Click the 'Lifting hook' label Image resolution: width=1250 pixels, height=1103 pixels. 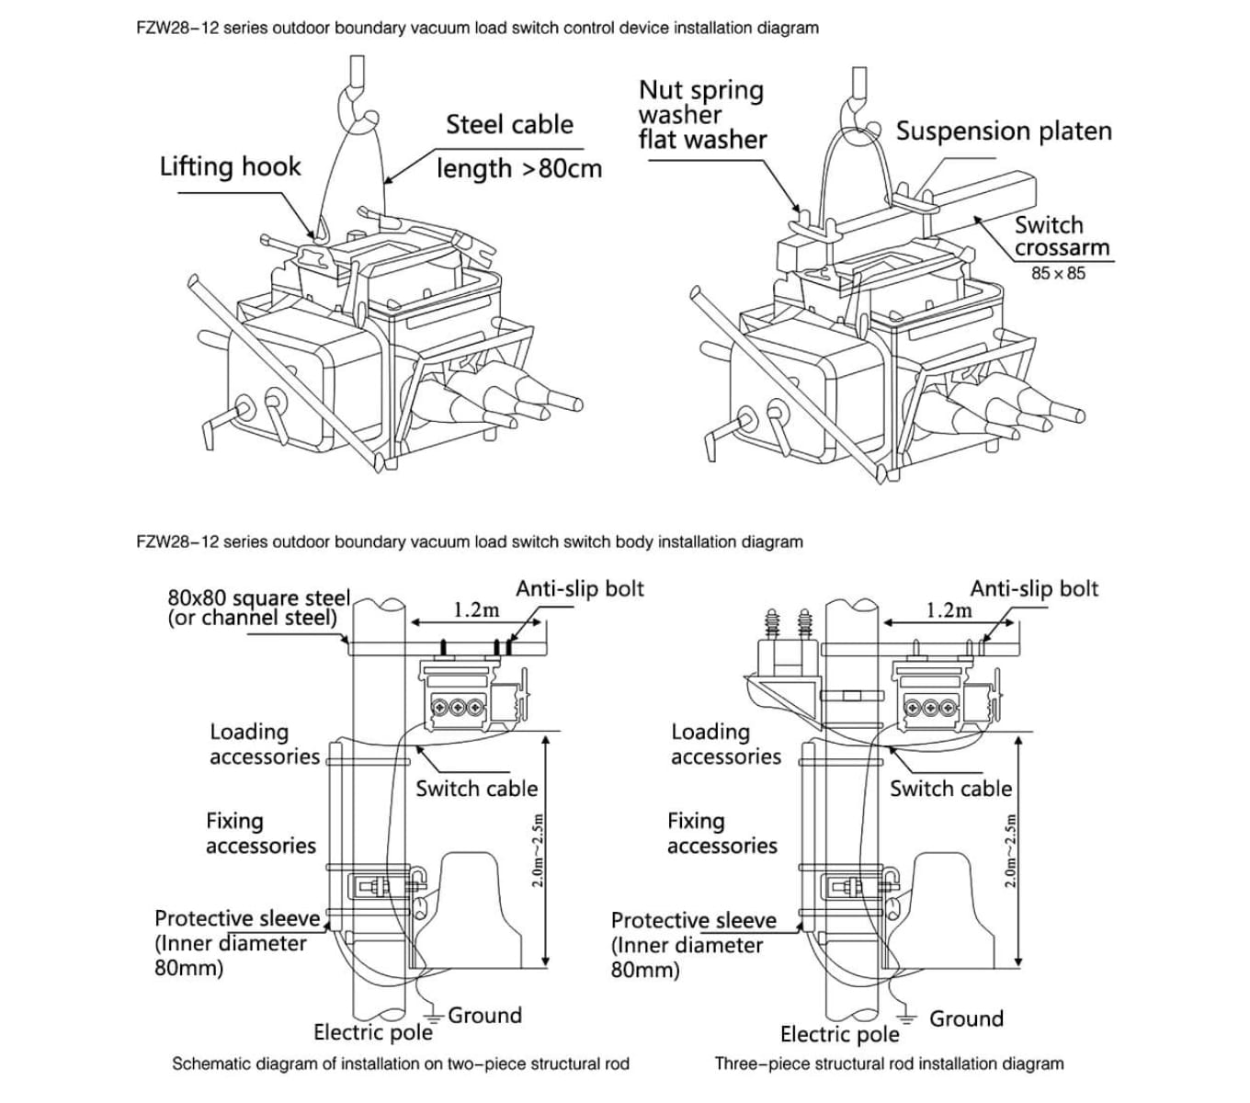pyautogui.click(x=230, y=166)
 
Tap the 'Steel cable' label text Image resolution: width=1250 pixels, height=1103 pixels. pyautogui.click(x=509, y=125)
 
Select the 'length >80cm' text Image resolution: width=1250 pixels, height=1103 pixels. pyautogui.click(x=519, y=169)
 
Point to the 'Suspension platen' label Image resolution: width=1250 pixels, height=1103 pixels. pyautogui.click(x=1004, y=131)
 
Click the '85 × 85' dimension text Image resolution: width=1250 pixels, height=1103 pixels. pyautogui.click(x=1058, y=273)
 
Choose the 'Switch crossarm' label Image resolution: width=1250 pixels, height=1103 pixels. pyautogui.click(x=1062, y=236)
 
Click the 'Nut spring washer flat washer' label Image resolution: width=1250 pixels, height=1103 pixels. pyautogui.click(x=702, y=115)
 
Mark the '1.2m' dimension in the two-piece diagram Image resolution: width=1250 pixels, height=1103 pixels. pyautogui.click(x=476, y=610)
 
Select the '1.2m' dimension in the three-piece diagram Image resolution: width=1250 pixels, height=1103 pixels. pyautogui.click(x=949, y=610)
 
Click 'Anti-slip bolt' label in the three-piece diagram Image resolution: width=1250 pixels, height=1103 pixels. pyautogui.click(x=1034, y=588)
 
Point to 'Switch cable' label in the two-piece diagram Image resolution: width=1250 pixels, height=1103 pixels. pyautogui.click(x=476, y=789)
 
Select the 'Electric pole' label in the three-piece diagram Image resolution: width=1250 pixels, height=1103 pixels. pyautogui.click(x=839, y=1034)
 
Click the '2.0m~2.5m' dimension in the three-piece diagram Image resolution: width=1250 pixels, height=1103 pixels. pyautogui.click(x=1010, y=849)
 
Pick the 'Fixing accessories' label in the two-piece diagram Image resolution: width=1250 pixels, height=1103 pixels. pyautogui.click(x=260, y=833)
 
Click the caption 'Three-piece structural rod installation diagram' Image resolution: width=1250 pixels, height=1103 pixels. pyautogui.click(x=889, y=1063)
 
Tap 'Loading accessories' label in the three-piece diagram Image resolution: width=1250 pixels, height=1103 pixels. pyautogui.click(x=725, y=744)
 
